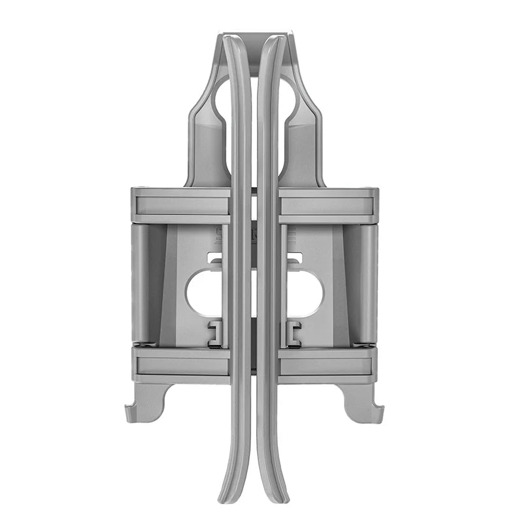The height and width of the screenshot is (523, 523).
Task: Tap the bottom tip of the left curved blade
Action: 230,496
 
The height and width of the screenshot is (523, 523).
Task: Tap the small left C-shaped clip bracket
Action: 214,333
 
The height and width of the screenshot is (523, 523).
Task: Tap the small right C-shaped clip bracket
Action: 294,333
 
